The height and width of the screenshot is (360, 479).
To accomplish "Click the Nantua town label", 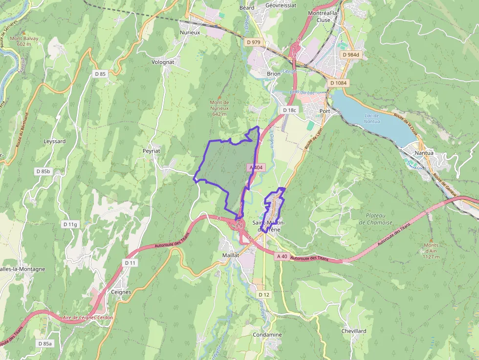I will click(x=424, y=153).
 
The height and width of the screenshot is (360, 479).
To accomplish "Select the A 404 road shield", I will click(x=256, y=167).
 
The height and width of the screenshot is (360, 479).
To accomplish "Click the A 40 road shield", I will click(x=282, y=256).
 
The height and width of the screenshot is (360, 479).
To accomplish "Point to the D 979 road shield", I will click(x=255, y=42).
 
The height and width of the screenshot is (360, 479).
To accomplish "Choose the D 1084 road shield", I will click(x=338, y=83).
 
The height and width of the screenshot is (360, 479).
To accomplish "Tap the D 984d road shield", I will click(x=350, y=55).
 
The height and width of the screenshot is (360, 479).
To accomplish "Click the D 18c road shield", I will click(x=289, y=110).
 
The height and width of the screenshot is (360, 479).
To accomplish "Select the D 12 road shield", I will click(x=264, y=295).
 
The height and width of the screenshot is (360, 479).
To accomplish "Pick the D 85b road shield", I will click(x=43, y=171).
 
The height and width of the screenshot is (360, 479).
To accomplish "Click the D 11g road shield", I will click(x=70, y=224).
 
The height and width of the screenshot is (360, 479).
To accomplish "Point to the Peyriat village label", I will click(x=152, y=151).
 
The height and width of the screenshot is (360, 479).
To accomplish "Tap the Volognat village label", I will click(x=163, y=62).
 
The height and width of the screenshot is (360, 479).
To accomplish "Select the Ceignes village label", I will click(x=121, y=292).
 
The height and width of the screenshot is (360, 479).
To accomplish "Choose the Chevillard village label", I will click(x=354, y=331).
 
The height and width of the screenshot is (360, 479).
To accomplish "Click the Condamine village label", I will click(x=267, y=335).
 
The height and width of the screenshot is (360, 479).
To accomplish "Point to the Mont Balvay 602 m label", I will click(x=24, y=41).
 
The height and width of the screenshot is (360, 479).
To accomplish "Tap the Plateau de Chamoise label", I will click(x=375, y=219).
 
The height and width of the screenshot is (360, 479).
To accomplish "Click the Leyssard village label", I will click(x=54, y=141).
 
